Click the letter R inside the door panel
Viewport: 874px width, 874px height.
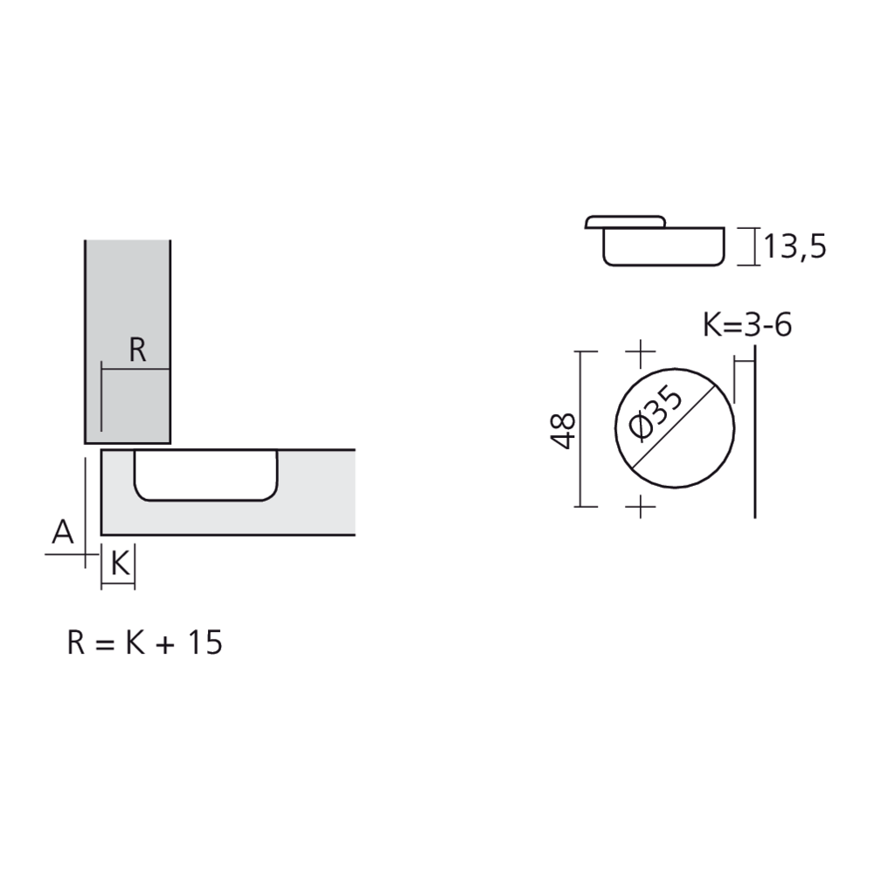(x=138, y=350)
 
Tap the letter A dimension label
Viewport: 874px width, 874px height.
(x=62, y=531)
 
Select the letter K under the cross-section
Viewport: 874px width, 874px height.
(x=121, y=564)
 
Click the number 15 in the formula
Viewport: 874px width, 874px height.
(x=205, y=642)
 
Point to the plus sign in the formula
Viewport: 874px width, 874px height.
(x=165, y=645)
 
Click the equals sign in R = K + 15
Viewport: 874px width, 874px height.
(x=104, y=645)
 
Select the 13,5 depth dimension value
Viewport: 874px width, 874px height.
(x=794, y=246)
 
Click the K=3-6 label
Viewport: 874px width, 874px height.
(x=747, y=325)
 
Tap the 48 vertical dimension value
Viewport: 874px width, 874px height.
(x=563, y=431)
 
